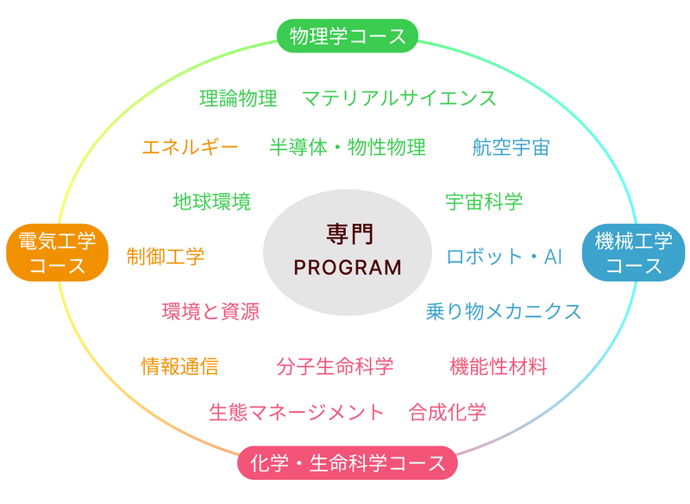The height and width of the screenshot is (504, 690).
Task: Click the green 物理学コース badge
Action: pos(348,36)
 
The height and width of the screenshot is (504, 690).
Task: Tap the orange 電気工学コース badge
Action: pos(57,252)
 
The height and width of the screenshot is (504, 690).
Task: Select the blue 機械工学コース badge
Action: pos(633,252)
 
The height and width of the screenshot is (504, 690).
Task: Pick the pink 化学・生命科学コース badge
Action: pos(348,464)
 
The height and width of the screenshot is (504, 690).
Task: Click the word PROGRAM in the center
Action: pos(348,268)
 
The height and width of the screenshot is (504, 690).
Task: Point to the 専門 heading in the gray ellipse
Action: pos(350,233)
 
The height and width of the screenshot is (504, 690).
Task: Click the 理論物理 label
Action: pos(238,98)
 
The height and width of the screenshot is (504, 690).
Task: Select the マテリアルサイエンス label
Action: pos(399,98)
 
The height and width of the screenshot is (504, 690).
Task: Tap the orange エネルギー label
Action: pos(190,146)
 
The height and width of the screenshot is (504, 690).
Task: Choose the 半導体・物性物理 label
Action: pos(348,146)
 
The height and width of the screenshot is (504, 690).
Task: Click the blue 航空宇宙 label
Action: pos(511,147)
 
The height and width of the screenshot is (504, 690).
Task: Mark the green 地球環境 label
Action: pos(211,202)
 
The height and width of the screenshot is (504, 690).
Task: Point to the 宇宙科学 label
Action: pos(484,202)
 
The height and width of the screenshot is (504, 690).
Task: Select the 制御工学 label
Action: pos(166,257)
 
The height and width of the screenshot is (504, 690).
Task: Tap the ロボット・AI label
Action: pos(505,257)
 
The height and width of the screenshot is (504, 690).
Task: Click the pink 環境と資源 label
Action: pos(210,312)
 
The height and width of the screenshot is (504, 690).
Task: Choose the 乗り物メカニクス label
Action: pos(504,312)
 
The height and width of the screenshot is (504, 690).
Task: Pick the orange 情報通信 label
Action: pos(179,366)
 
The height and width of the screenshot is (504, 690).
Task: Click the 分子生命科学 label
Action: pos(335,366)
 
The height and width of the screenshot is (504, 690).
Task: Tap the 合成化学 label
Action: pos(447,412)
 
